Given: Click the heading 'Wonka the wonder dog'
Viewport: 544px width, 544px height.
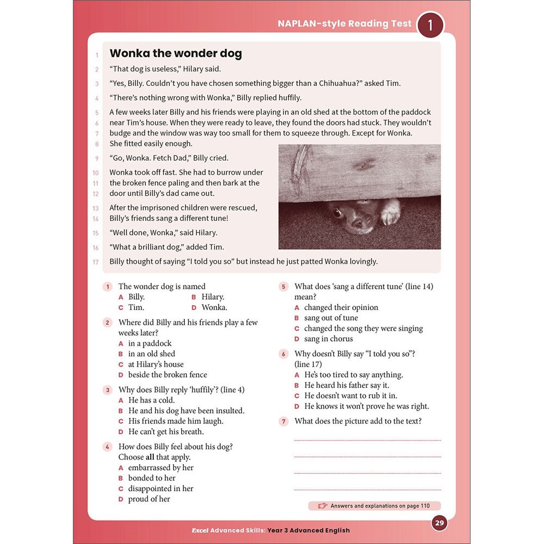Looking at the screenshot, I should (x=176, y=53).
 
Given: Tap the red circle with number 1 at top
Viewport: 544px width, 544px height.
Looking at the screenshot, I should (x=430, y=25).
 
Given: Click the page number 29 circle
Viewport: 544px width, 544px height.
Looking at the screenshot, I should (x=440, y=523).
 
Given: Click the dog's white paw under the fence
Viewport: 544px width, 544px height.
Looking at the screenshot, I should (x=390, y=213).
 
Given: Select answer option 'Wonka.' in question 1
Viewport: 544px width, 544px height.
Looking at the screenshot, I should (x=214, y=307).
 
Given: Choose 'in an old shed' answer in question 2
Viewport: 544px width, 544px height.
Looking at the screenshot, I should (x=151, y=354).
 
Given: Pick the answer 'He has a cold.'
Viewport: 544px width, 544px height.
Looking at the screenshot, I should (x=151, y=400).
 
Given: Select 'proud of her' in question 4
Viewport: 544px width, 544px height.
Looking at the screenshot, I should (x=149, y=499).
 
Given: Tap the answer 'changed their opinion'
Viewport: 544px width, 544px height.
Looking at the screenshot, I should (x=341, y=307).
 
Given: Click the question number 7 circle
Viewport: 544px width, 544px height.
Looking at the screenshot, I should (x=283, y=421).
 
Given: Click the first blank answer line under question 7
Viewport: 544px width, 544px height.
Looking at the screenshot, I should (x=367, y=440).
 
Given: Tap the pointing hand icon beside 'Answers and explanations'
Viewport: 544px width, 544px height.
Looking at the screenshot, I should (x=323, y=506).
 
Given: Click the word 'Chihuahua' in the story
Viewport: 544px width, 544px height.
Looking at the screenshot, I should (x=336, y=83).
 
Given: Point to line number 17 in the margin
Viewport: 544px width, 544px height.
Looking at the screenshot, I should (x=96, y=262).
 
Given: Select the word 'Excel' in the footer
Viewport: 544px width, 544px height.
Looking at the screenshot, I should (x=199, y=530).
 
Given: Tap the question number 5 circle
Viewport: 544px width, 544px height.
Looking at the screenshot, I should (x=283, y=287).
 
